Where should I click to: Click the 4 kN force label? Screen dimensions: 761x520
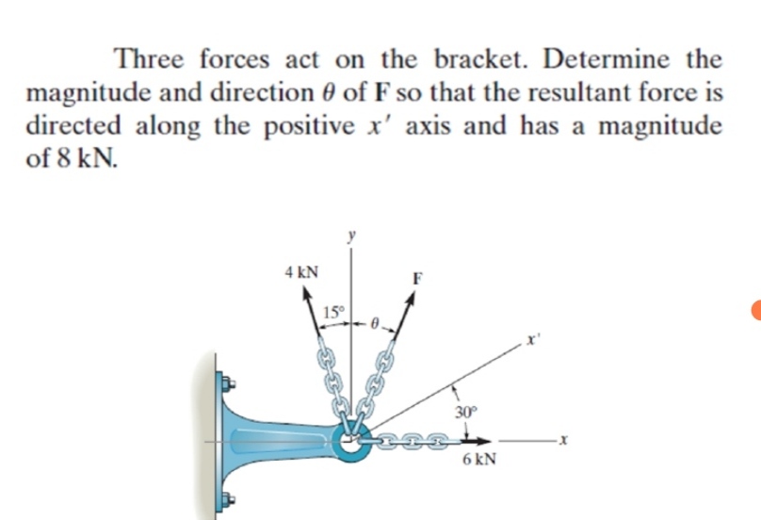coord(301,272)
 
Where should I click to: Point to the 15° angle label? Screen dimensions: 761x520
coord(334,312)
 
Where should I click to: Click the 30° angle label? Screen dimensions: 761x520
coord(465,412)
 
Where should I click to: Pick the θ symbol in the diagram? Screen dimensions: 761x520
coord(374,322)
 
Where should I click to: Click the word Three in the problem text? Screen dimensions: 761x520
coord(153,59)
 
